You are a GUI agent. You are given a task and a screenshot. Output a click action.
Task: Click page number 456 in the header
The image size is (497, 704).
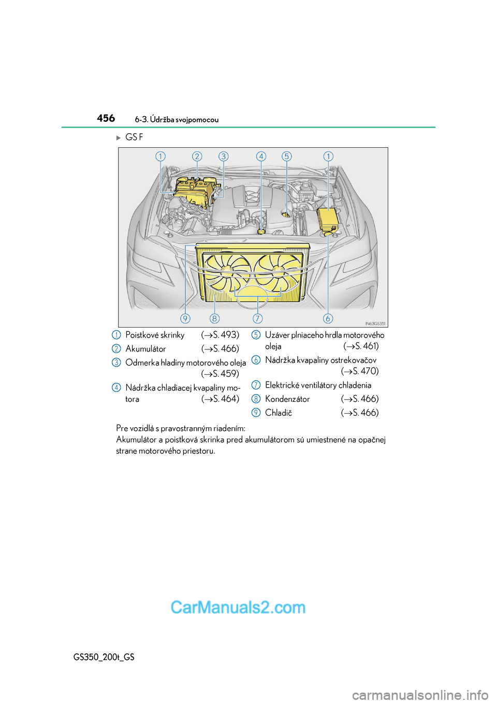tap(106, 118)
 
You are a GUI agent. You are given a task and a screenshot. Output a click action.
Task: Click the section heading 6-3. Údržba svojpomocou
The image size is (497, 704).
tap(177, 120)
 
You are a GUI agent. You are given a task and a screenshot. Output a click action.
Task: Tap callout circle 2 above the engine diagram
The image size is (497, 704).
tap(197, 156)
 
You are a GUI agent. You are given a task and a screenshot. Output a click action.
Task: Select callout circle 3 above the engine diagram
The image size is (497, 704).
tap(223, 156)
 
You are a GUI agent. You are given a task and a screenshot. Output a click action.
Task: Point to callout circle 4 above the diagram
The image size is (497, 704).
tap(261, 156)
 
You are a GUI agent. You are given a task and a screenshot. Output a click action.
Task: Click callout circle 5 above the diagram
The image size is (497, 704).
tap(287, 156)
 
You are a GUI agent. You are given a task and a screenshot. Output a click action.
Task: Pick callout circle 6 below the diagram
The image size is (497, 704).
tap(328, 318)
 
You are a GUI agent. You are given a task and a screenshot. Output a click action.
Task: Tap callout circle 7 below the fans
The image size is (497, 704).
tap(257, 318)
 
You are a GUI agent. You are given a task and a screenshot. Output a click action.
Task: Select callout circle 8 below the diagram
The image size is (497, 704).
tap(214, 318)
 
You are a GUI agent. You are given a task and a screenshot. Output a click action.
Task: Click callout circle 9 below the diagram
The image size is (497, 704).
tap(185, 318)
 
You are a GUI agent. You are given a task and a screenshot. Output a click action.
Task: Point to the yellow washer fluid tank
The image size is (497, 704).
tap(327, 219)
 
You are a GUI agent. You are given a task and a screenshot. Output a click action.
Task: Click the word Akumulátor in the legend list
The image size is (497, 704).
tap(145, 349)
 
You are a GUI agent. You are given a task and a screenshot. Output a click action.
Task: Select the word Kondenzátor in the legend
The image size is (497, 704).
tap(287, 399)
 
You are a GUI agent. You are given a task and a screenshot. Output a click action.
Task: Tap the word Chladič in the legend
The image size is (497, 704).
tap(279, 413)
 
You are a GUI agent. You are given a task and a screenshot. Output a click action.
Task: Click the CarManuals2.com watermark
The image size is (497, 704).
tap(238, 607)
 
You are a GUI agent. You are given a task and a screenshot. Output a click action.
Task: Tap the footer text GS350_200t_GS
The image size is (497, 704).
tap(104, 657)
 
